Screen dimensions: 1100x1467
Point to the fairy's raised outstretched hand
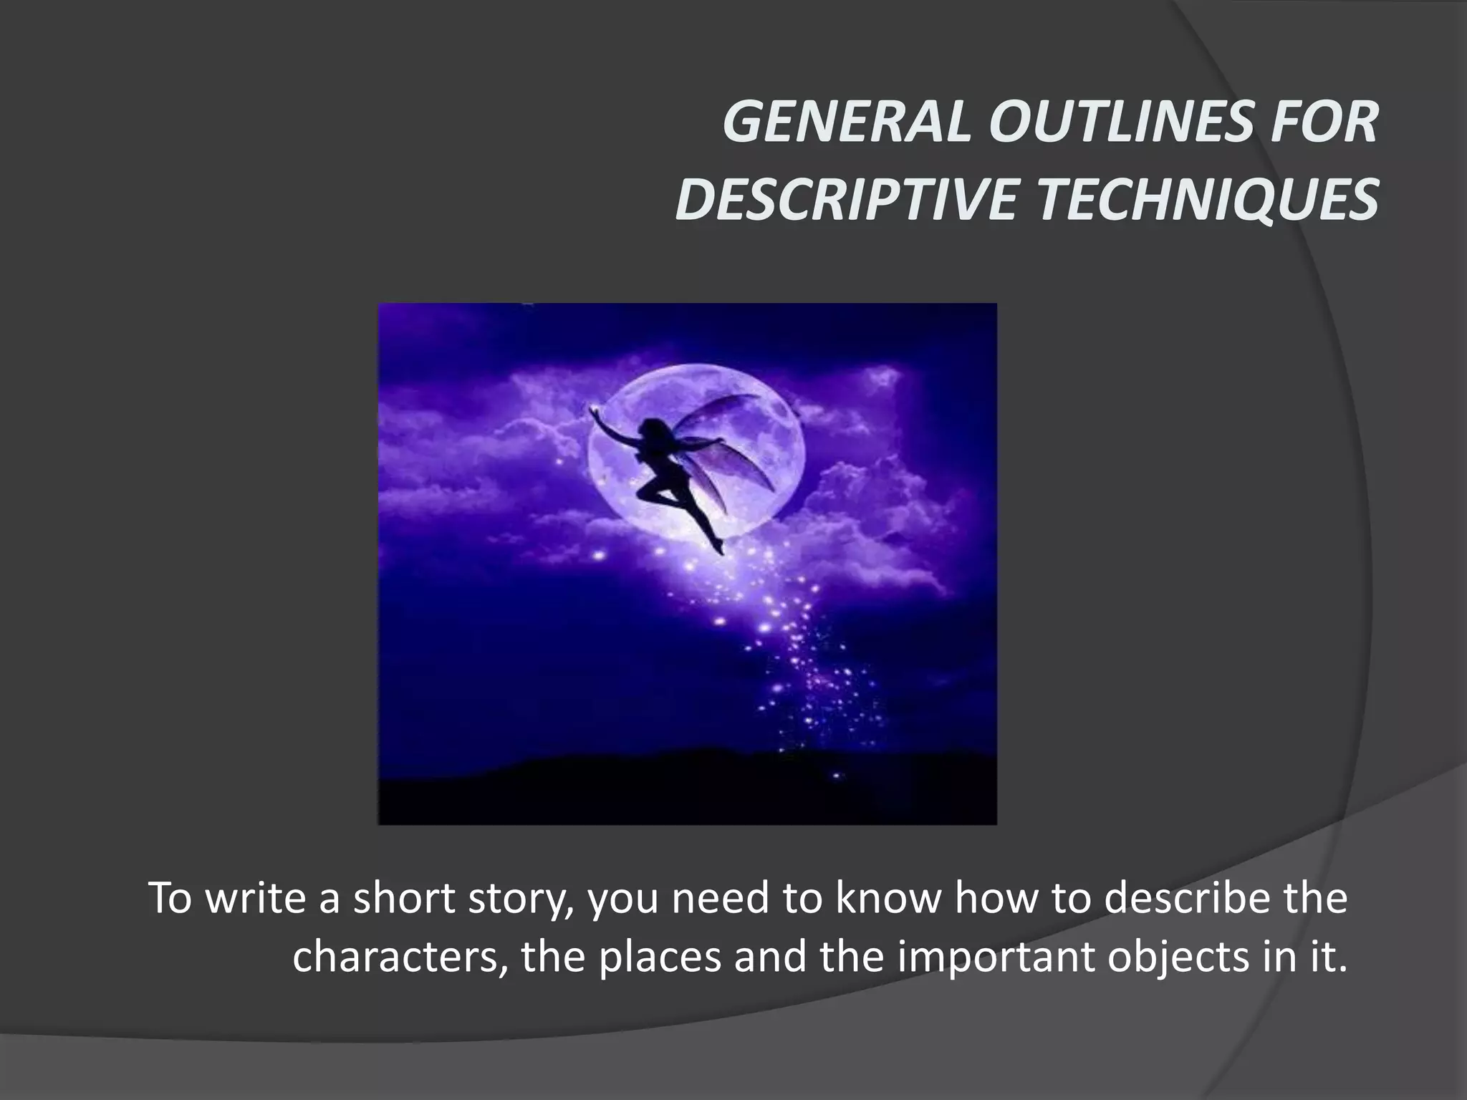(594, 410)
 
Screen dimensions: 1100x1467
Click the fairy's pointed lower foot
(718, 549)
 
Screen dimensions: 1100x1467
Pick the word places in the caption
(660, 957)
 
